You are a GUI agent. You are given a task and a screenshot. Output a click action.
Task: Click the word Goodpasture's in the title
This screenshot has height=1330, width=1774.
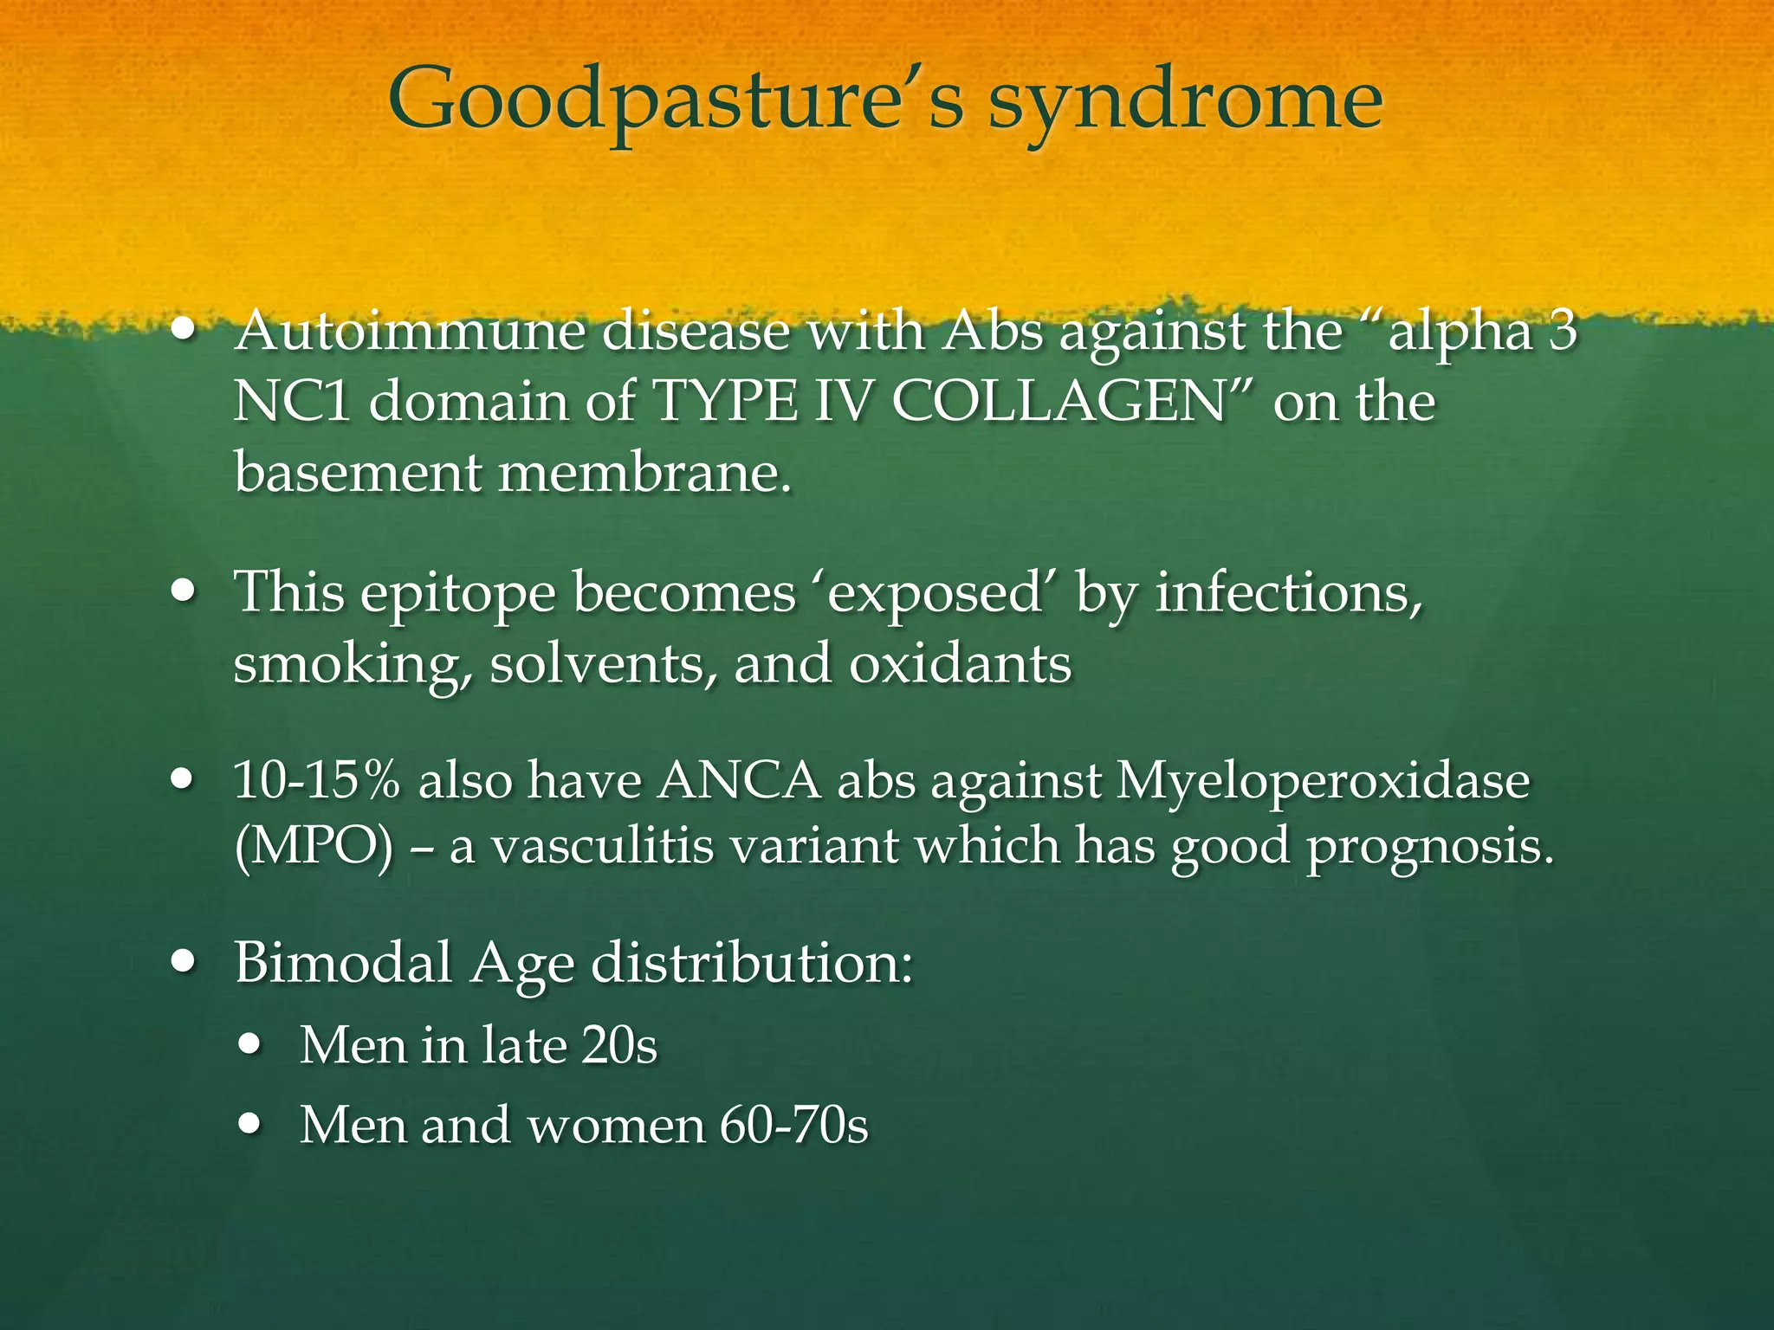tap(676, 102)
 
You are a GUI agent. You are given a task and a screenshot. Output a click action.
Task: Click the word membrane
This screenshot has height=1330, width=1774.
tap(644, 474)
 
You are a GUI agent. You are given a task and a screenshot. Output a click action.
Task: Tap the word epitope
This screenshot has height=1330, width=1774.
tap(457, 595)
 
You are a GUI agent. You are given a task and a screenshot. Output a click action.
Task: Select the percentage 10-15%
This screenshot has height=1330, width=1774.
tap(317, 780)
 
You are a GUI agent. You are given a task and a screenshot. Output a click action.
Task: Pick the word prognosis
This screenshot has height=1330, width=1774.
tap(1430, 847)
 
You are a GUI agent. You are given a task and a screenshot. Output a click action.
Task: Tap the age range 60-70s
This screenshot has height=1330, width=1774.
tap(793, 1126)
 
